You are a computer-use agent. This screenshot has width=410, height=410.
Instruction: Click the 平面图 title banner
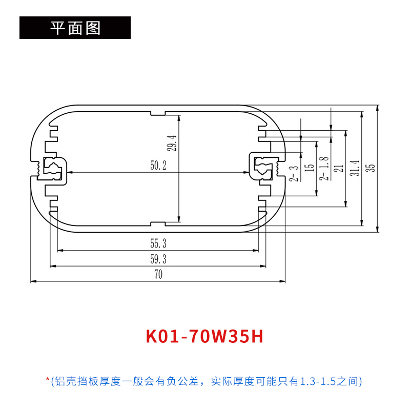click(x=75, y=28)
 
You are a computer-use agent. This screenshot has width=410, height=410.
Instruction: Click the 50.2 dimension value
click(x=158, y=166)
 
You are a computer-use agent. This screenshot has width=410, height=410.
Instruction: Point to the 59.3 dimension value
click(x=158, y=259)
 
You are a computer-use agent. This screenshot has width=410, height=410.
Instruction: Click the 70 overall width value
click(x=158, y=275)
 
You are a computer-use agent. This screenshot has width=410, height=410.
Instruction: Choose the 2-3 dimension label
click(x=294, y=173)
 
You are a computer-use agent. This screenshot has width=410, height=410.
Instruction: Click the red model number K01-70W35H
click(x=204, y=337)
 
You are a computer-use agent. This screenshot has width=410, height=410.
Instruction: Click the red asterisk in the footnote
click(x=48, y=380)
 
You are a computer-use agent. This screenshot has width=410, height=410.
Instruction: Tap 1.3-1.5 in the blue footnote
click(x=316, y=381)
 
